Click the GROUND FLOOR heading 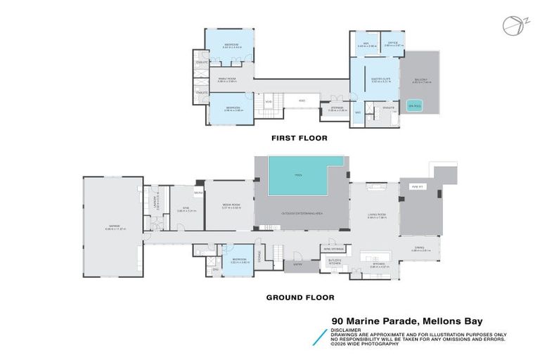click(300, 297)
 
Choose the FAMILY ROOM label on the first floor click(226, 79)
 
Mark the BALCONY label click(420, 81)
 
